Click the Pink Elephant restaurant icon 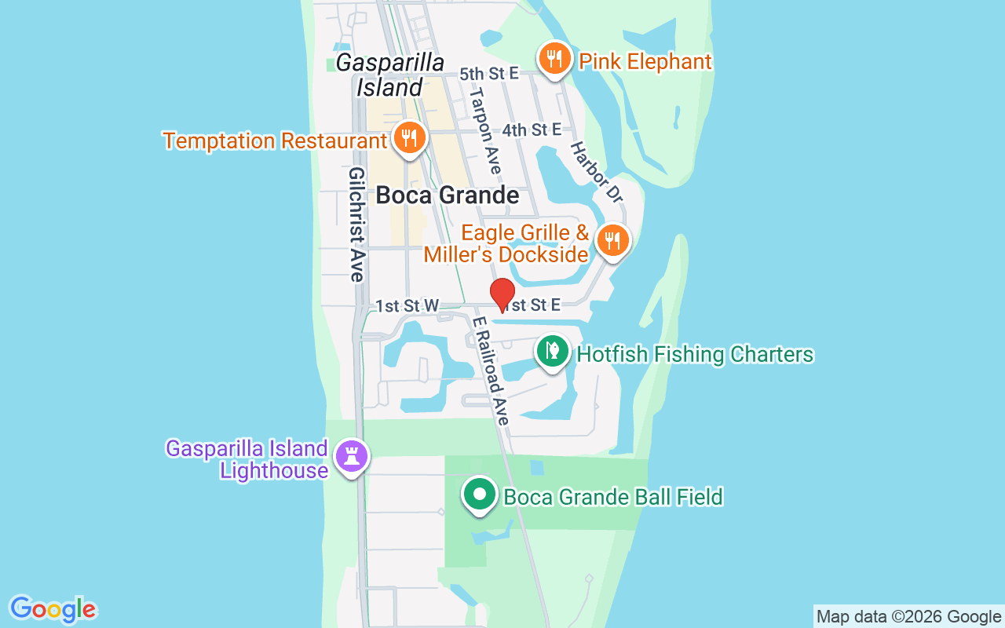click(x=554, y=58)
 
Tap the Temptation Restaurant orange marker click(x=408, y=138)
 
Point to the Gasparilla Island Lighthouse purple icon click(x=350, y=455)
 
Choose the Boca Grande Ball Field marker click(x=480, y=495)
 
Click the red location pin click(x=502, y=294)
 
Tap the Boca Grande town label click(x=447, y=195)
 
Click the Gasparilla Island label click(x=389, y=75)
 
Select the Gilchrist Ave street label click(x=356, y=224)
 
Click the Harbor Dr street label click(x=596, y=172)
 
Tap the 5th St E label click(x=489, y=74)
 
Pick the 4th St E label click(x=532, y=130)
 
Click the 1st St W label click(x=407, y=305)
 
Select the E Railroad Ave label click(x=492, y=370)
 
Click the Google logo click(x=53, y=609)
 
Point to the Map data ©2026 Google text click(x=908, y=616)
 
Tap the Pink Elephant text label click(x=645, y=61)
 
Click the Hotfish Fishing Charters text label click(x=695, y=354)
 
